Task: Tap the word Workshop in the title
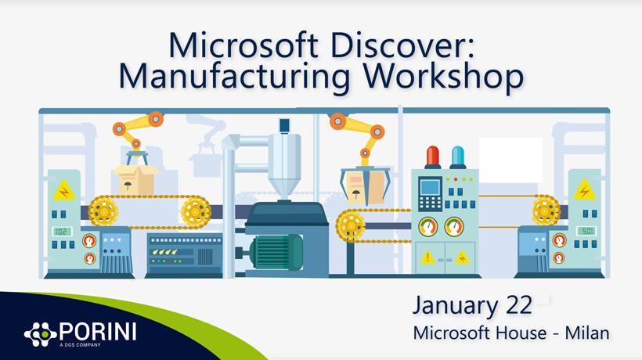[x=443, y=77]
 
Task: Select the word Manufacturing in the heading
[x=234, y=77]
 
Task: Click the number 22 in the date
[x=519, y=305]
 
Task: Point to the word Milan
[x=587, y=333]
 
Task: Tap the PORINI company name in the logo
[x=98, y=331]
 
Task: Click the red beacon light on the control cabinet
[x=432, y=157]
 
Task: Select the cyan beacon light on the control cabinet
[x=457, y=157]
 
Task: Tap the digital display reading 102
[x=62, y=232]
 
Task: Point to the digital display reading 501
[x=586, y=231]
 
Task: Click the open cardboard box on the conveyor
[x=136, y=179]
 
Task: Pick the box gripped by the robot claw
[x=364, y=187]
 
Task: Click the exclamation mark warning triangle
[x=427, y=257]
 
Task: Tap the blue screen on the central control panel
[x=430, y=188]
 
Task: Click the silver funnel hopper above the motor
[x=283, y=166]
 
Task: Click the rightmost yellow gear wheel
[x=546, y=211]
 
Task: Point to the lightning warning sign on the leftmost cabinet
[x=64, y=190]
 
